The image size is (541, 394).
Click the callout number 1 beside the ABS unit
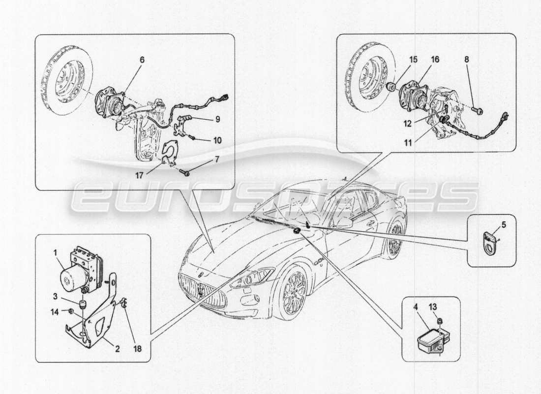click(56, 252)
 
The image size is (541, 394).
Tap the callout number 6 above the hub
click(142, 59)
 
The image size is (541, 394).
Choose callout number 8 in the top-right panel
click(466, 59)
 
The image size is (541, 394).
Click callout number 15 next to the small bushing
click(413, 59)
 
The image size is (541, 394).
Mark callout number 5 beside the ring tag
click(503, 225)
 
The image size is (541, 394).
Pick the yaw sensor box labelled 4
click(428, 339)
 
